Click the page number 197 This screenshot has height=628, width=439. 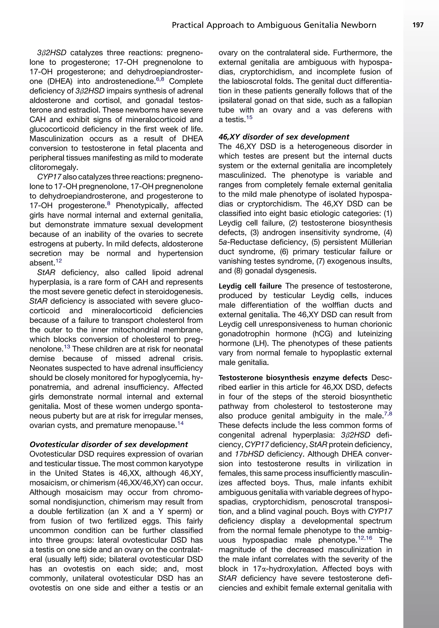418,25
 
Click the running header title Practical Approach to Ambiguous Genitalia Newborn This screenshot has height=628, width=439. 274,26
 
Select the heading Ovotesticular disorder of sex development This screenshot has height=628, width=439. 109,444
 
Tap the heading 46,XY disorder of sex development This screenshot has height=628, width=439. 284,137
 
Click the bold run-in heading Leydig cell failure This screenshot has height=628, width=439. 250,286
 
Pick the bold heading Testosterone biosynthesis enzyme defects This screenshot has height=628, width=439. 293,378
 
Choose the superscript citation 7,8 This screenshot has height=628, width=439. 388,414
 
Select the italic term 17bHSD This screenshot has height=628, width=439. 249,454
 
